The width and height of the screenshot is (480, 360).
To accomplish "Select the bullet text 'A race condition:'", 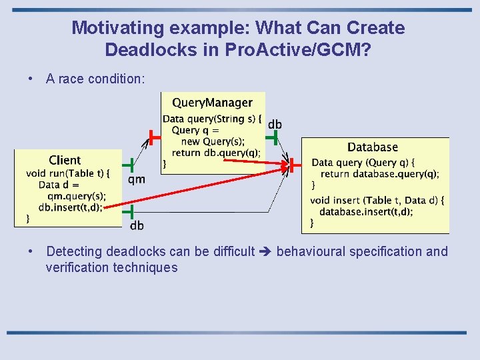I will click(x=95, y=79).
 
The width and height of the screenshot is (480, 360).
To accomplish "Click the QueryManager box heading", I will click(x=212, y=103).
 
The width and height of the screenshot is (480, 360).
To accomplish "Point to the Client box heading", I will click(x=65, y=160).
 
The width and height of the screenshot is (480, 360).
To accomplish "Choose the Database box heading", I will click(x=372, y=147).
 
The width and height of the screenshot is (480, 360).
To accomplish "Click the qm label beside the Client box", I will click(x=136, y=179).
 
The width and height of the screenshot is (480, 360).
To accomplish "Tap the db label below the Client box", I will click(x=137, y=226).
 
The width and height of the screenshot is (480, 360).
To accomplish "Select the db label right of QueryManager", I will click(x=275, y=125).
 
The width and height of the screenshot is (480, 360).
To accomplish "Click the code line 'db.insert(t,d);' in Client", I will click(x=71, y=207).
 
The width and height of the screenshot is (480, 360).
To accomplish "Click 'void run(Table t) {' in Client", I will click(x=67, y=173).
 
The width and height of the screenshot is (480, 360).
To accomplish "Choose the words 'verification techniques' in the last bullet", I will click(x=111, y=268).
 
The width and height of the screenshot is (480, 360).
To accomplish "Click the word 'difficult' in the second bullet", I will click(x=231, y=252).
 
